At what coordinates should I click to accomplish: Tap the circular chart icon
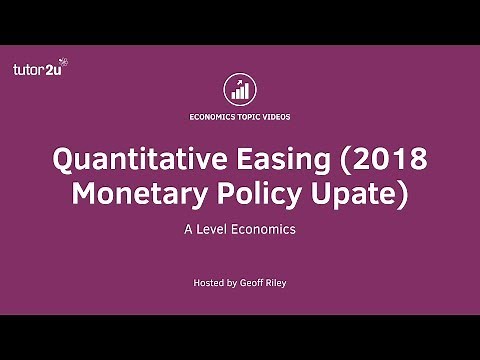[x=240, y=88]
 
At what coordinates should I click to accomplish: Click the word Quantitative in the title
[x=135, y=160]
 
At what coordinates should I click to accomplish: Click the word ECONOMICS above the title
[x=212, y=117]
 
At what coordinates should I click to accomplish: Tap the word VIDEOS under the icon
[x=278, y=117]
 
